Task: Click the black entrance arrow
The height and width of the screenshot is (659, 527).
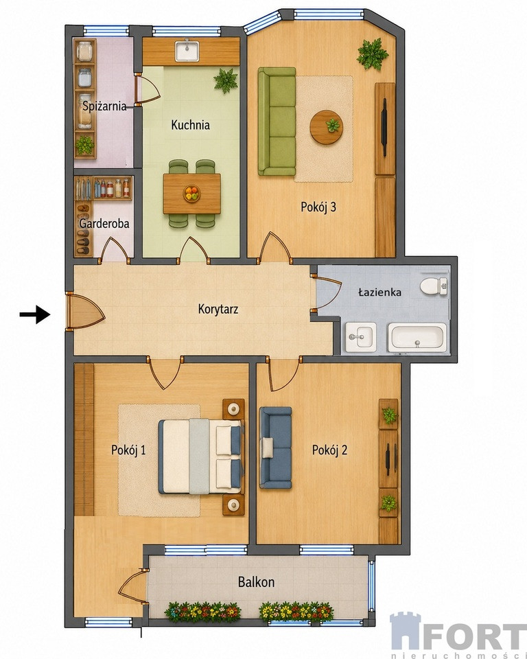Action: tap(35, 314)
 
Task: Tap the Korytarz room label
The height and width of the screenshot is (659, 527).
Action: tap(218, 310)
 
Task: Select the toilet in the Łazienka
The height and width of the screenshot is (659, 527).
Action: tap(434, 286)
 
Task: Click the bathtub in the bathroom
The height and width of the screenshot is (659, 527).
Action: tap(417, 338)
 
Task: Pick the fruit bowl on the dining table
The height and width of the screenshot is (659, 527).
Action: tap(191, 194)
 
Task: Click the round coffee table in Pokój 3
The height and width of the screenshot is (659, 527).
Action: tap(326, 128)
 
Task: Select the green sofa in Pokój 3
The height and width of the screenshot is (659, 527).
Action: tap(277, 121)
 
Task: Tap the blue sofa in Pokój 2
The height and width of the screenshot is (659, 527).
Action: tap(275, 448)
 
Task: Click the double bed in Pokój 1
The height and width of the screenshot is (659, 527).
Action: tap(201, 456)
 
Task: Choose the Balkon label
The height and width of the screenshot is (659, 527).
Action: tap(257, 582)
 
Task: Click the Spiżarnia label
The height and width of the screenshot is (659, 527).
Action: tap(104, 106)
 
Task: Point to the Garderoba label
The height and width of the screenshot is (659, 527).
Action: tap(104, 223)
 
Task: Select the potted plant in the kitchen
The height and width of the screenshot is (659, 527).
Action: tap(226, 80)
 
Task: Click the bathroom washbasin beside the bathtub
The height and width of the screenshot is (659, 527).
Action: tap(360, 337)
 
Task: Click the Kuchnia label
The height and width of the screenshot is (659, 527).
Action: tap(190, 125)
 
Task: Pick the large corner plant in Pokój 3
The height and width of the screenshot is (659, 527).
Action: tap(372, 54)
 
